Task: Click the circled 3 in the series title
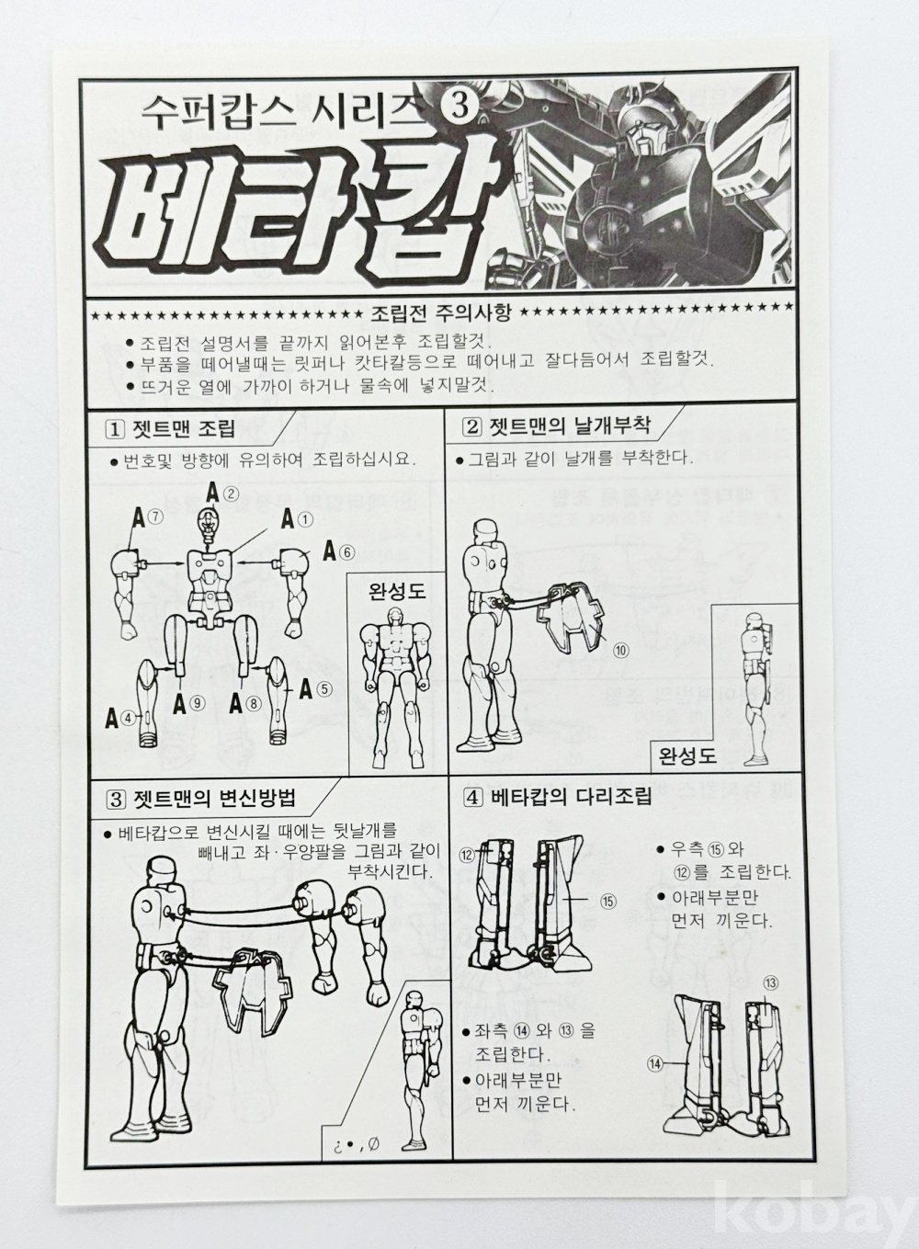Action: pyautogui.click(x=459, y=106)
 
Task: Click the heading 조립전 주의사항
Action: pyautogui.click(x=440, y=314)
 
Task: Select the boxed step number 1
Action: pyautogui.click(x=116, y=430)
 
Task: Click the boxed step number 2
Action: pyautogui.click(x=472, y=427)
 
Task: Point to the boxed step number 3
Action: pyautogui.click(x=116, y=800)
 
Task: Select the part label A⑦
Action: pyautogui.click(x=147, y=518)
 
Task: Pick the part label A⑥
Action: pyautogui.click(x=338, y=552)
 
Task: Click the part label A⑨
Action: pyautogui.click(x=189, y=705)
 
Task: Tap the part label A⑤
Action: pyautogui.click(x=315, y=689)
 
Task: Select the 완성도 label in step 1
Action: pyautogui.click(x=397, y=591)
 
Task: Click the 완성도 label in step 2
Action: pyautogui.click(x=687, y=755)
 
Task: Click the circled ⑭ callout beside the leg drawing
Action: pyautogui.click(x=656, y=1064)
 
